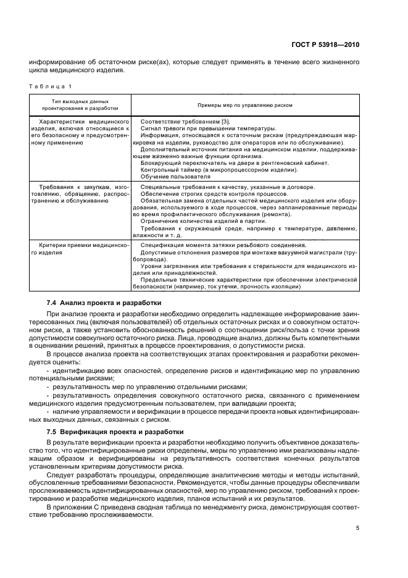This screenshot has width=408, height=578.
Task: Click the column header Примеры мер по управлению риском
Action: (245, 105)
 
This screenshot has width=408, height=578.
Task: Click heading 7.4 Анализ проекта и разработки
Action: (104, 303)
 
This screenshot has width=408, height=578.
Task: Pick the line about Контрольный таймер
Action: (219, 170)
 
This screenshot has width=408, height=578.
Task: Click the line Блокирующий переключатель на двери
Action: (235, 163)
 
